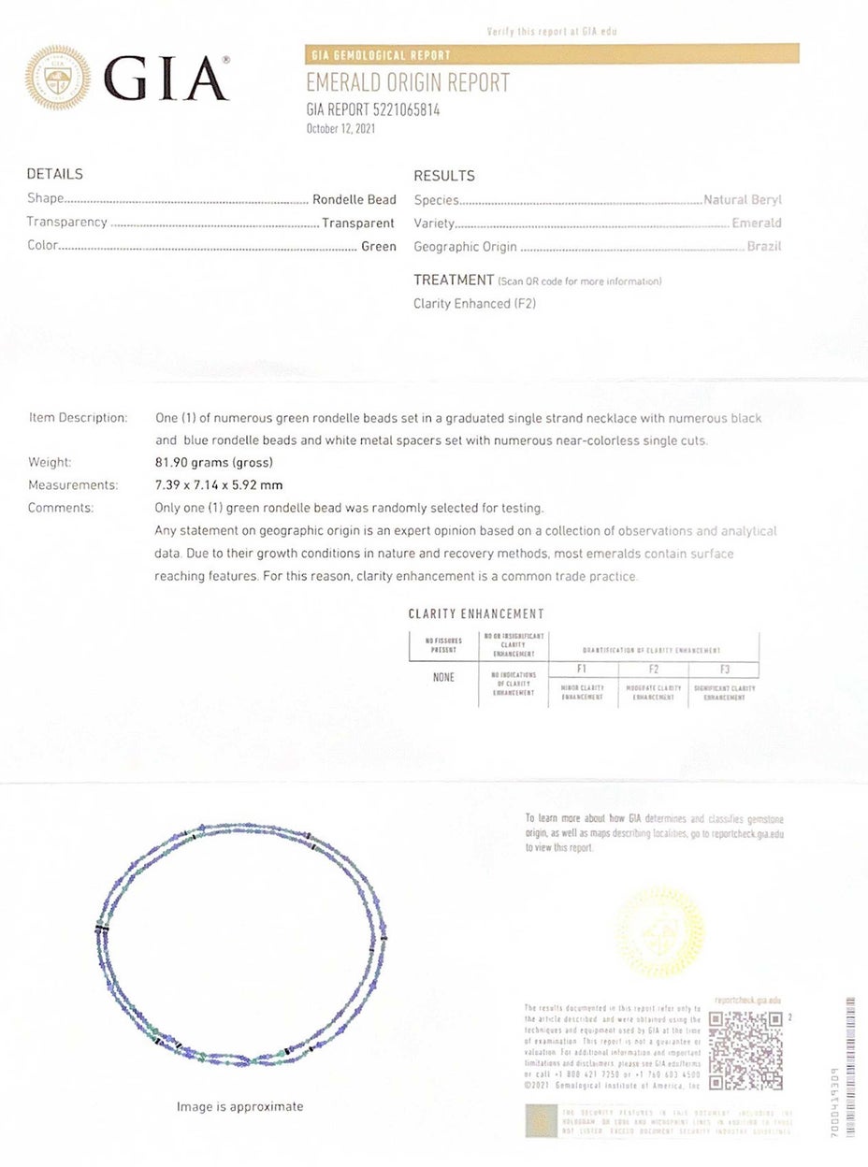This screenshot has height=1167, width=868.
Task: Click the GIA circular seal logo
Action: click(x=58, y=79)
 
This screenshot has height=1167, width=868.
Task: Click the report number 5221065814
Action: click(x=372, y=109)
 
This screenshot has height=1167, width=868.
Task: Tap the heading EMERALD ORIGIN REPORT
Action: click(x=408, y=82)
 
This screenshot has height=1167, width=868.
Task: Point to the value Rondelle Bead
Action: click(x=354, y=199)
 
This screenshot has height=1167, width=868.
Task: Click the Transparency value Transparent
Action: click(x=357, y=223)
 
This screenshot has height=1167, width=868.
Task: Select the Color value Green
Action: click(x=378, y=246)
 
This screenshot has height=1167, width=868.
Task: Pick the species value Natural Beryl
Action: click(x=742, y=199)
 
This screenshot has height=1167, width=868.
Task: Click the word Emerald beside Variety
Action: click(x=757, y=223)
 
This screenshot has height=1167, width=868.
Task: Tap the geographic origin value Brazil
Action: click(x=763, y=247)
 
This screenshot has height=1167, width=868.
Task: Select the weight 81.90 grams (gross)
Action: click(x=215, y=462)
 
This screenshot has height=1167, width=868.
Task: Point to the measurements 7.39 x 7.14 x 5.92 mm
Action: click(x=218, y=484)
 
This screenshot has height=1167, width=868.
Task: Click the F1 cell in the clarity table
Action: click(x=584, y=670)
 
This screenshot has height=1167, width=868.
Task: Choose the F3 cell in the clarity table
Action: click(x=724, y=670)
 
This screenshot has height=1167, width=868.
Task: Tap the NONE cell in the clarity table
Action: click(x=443, y=677)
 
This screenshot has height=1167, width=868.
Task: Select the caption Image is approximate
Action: click(x=239, y=1106)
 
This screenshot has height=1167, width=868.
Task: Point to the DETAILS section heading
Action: click(x=54, y=174)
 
